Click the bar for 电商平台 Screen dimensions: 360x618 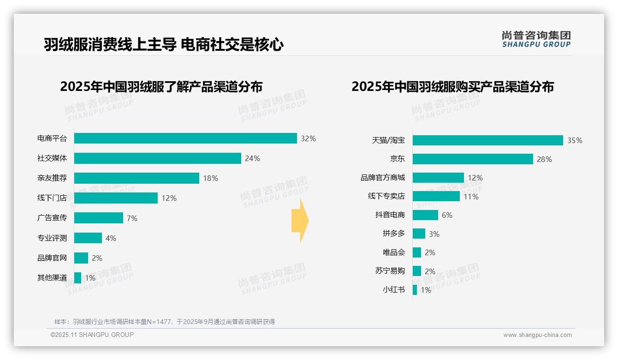(185, 138)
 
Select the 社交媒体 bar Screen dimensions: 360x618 (157, 158)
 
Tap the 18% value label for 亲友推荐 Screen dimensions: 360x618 (211, 178)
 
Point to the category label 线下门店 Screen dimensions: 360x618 (52, 198)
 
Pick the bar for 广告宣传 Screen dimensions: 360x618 (99, 218)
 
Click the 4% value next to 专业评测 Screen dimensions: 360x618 (111, 238)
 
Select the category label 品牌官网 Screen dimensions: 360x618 (52, 258)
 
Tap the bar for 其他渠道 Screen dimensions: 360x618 (77, 278)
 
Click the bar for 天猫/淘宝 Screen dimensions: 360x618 (487, 140)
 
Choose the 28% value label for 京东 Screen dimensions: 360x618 (544, 159)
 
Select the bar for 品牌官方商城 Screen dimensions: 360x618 (438, 178)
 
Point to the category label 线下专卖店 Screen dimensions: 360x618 (386, 196)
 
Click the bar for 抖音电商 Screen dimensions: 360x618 (425, 215)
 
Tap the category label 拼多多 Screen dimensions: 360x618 (393, 234)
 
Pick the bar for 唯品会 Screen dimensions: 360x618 (417, 252)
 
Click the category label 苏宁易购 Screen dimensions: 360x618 (390, 271)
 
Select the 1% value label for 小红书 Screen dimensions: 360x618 (426, 290)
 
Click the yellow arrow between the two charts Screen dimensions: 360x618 (300, 221)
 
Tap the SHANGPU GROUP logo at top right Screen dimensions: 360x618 (536, 39)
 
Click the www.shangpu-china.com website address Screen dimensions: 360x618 (537, 335)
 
